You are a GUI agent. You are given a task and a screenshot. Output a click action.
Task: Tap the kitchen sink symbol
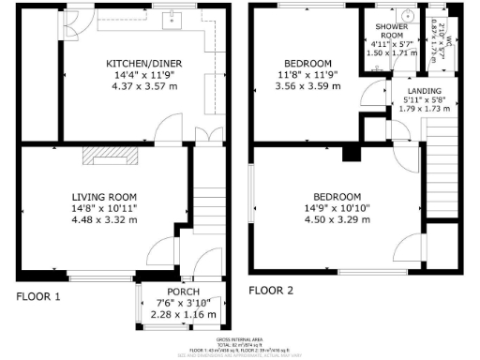(x=173, y=18)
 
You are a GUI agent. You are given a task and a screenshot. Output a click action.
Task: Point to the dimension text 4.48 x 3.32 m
(x=107, y=221)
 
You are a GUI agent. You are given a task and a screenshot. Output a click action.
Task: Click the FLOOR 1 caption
(x=38, y=296)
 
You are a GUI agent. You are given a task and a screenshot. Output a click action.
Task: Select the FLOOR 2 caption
(x=271, y=291)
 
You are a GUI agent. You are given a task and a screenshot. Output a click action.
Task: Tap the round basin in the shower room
(x=406, y=15)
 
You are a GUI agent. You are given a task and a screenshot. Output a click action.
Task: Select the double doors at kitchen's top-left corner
(x=70, y=22)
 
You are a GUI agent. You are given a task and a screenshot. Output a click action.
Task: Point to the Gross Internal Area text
(x=239, y=338)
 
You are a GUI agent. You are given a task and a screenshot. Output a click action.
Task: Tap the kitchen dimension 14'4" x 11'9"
(x=142, y=76)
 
